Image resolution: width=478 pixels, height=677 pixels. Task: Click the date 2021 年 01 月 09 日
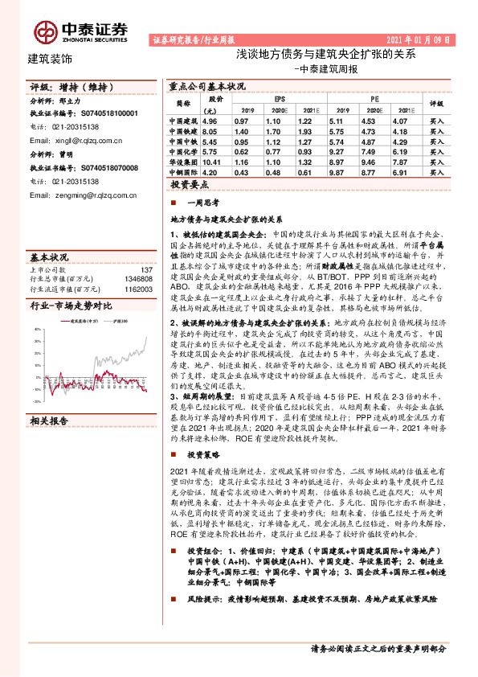[x=418, y=39]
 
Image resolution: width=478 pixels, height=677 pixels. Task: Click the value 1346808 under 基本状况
[x=140, y=278]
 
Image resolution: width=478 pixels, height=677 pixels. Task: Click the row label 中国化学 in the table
[x=182, y=150]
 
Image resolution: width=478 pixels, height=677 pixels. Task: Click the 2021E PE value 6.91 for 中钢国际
[x=403, y=171]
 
